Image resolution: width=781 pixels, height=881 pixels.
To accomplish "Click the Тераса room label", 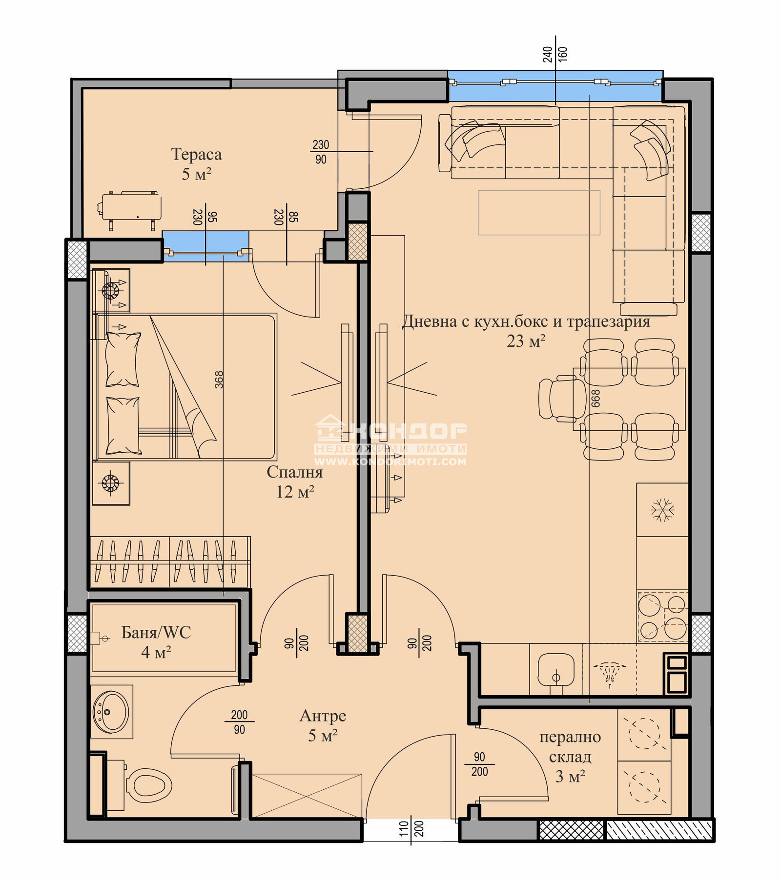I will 196,155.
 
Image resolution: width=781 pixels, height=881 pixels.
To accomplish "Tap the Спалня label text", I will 294,472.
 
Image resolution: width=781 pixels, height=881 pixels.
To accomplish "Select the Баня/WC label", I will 156,633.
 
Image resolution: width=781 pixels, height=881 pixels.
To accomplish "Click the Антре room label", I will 323,716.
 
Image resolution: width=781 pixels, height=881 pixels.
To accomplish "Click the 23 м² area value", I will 526,341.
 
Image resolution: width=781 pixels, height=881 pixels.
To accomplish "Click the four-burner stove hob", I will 662,617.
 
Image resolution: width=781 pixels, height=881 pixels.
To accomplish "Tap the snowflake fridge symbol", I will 662,510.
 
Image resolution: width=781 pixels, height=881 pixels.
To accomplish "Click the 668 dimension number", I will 596,399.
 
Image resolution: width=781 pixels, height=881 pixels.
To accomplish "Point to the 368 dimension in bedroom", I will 219,380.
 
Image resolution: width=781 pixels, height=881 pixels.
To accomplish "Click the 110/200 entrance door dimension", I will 411,828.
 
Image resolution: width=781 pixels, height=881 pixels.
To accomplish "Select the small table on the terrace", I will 131,209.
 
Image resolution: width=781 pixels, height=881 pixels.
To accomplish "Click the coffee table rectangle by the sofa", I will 539,213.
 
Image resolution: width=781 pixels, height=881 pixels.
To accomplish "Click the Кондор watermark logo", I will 390,439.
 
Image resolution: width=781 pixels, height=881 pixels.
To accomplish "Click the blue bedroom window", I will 206,246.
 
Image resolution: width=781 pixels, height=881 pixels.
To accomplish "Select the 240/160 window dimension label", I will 555,54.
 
